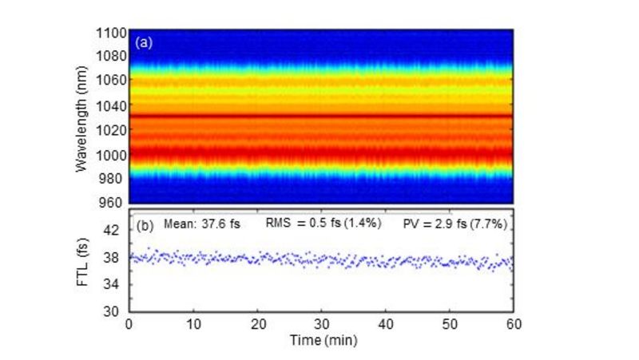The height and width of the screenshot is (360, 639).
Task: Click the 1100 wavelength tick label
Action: coord(110,33)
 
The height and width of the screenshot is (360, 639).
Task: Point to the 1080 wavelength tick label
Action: coord(110,57)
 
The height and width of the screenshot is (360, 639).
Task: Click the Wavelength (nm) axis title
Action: coord(81,118)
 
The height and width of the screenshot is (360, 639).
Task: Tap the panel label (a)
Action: coord(145,42)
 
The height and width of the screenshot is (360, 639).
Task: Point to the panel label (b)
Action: coord(145,224)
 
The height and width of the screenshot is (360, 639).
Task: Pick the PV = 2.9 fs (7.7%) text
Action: coord(452,224)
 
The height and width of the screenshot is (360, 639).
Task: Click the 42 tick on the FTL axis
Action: coord(117,230)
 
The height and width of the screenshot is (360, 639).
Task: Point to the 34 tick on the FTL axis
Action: coord(117,284)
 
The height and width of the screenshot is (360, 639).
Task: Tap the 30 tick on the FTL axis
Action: coord(117,311)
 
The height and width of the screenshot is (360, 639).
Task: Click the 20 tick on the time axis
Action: coord(257,324)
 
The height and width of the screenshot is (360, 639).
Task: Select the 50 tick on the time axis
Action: coord(449,324)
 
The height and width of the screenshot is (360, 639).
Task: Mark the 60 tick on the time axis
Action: coord(512,324)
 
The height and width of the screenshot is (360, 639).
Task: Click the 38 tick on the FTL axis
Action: coord(117,257)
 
